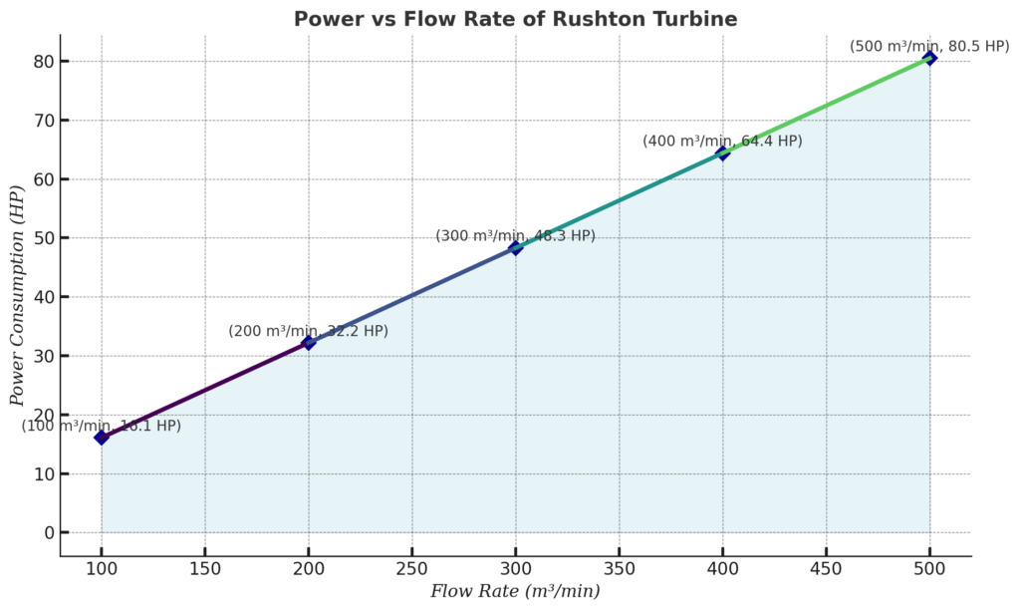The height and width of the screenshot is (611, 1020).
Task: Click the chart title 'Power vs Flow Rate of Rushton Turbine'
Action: pos(515,19)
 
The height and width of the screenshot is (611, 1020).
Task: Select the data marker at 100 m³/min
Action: pos(102,437)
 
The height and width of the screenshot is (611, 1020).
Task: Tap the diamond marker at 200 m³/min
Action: pos(309,342)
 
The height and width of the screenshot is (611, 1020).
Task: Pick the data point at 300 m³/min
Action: pos(516,247)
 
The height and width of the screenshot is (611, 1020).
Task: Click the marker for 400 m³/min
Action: pos(723,153)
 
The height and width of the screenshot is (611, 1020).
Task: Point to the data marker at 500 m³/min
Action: pos(930,58)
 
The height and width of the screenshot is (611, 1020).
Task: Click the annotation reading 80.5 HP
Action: pos(929,47)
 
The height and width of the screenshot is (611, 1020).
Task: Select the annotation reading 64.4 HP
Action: pos(722,142)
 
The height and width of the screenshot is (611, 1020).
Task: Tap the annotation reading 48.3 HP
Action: pos(515,236)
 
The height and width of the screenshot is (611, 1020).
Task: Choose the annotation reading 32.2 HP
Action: pos(308,331)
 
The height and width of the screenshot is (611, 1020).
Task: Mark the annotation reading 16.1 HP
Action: pos(102,426)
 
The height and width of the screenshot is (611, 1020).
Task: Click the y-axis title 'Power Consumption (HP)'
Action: pos(17,296)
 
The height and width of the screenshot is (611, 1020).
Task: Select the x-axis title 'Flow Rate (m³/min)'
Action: pos(515,591)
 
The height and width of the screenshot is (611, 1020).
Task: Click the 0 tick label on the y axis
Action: pos(47,533)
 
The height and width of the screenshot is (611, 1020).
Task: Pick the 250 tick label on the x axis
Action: pos(412,568)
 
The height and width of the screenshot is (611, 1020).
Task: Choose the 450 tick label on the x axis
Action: pos(827,568)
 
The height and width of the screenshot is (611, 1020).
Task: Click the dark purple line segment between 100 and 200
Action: pos(205,390)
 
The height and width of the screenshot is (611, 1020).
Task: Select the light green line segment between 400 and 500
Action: pos(827,106)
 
